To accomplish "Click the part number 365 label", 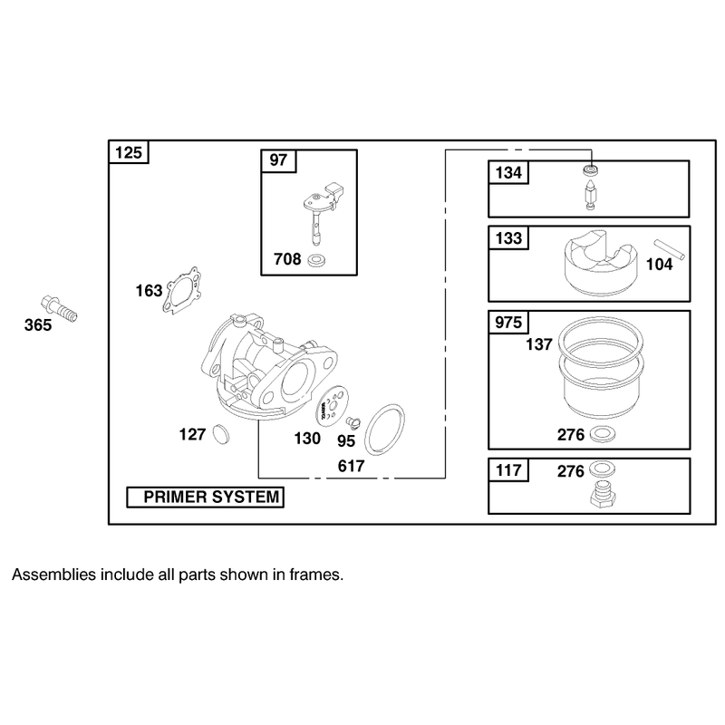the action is (38, 325).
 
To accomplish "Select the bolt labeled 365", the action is (59, 308).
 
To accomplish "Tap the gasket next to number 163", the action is (182, 291).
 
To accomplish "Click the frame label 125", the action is (129, 152).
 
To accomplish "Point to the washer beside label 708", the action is (316, 260).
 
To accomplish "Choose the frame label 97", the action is (278, 160).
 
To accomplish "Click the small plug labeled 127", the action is (221, 434).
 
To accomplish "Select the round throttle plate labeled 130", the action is (331, 405).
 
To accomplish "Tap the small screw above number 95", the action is (353, 422).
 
